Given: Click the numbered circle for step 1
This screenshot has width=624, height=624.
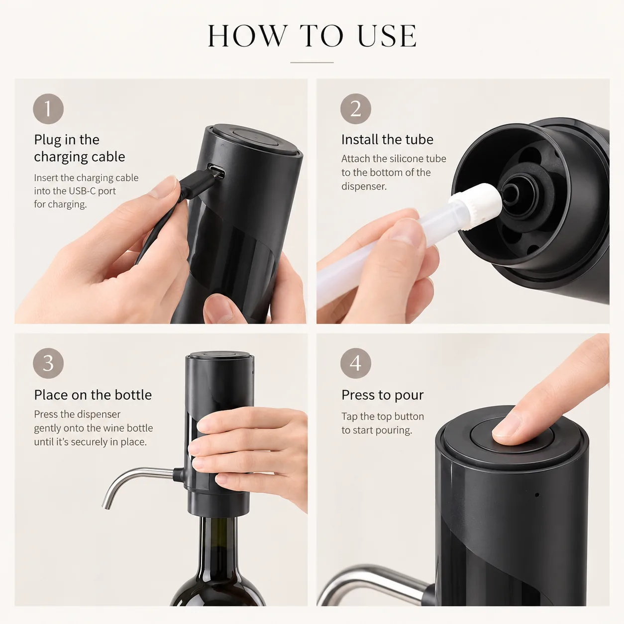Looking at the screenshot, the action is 48,109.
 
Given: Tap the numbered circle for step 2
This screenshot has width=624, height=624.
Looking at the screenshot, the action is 356,109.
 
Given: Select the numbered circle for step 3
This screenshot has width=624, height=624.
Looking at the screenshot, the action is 48,363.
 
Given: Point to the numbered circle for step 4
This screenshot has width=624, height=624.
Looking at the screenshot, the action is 356,363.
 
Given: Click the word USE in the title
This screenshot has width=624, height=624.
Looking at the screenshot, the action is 387,36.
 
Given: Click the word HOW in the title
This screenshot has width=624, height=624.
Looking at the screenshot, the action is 248,36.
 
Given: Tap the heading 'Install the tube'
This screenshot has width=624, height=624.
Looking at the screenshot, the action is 387,139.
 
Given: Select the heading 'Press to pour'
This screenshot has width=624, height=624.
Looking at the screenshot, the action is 383,396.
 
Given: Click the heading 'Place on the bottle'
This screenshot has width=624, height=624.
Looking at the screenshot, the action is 93,395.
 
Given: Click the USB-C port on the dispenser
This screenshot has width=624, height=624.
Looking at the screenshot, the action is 216,171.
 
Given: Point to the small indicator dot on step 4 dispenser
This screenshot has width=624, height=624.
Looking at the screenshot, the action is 537,495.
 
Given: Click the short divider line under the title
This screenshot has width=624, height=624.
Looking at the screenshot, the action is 312,62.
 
